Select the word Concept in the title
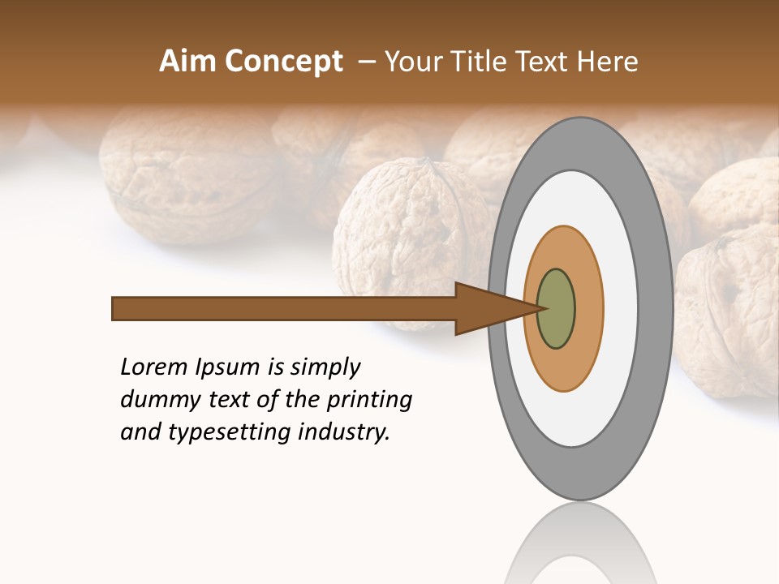pos(284,62)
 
